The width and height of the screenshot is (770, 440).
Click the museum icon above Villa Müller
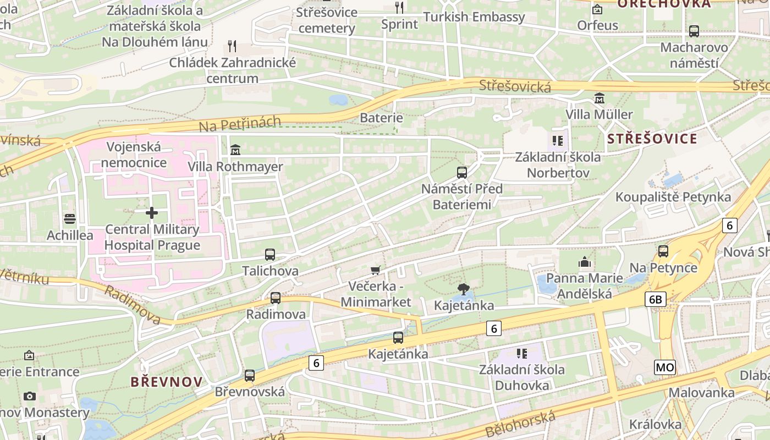(599, 98)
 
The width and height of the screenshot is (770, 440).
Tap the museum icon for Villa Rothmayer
(235, 150)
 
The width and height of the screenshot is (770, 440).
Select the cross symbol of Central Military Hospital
(152, 212)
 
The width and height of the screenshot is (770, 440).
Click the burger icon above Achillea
(69, 219)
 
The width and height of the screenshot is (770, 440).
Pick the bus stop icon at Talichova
(270, 255)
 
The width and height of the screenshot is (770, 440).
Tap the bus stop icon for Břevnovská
(250, 376)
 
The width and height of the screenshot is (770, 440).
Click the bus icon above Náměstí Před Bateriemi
(462, 173)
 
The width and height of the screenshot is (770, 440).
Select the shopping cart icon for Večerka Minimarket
(376, 270)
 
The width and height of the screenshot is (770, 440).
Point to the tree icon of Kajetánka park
(464, 289)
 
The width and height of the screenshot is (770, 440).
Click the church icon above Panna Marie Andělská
(584, 262)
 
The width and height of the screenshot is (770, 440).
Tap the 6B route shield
(656, 299)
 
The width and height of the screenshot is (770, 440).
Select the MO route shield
(664, 367)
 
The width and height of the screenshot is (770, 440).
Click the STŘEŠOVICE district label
(652, 139)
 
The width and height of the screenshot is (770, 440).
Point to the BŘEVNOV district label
(167, 382)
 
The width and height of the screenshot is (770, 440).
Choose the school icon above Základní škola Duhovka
(521, 353)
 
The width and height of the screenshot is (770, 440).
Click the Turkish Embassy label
(476, 17)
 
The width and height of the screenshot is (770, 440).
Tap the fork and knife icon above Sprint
(399, 8)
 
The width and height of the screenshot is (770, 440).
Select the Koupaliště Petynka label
(673, 197)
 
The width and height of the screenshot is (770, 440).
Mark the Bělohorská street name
(520, 424)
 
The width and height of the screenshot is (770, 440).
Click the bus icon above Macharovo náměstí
(694, 31)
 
